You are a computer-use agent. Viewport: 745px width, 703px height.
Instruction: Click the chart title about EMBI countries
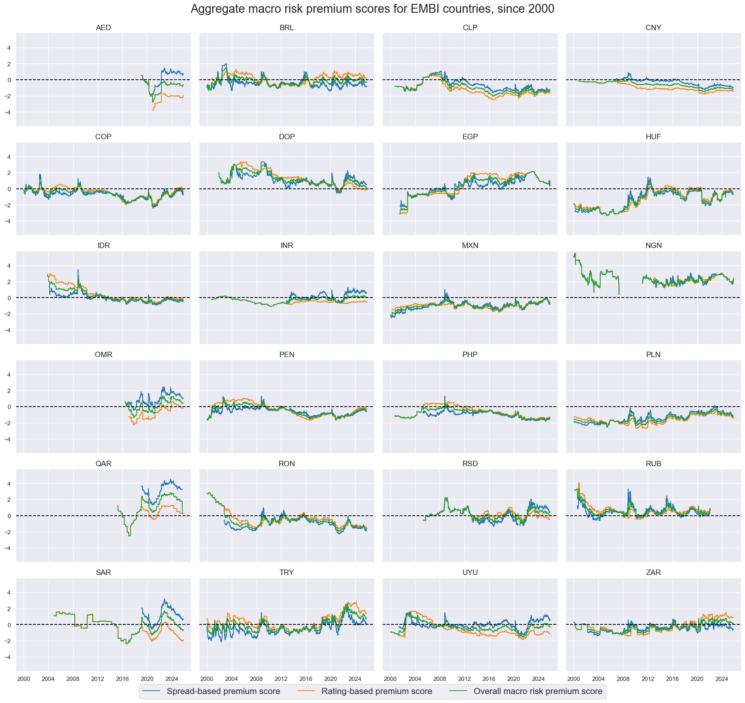(372, 9)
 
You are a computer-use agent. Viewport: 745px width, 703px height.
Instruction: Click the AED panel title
(103, 28)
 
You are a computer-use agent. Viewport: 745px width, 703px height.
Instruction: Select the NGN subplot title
(653, 246)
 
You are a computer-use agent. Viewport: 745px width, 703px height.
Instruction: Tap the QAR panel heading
(103, 464)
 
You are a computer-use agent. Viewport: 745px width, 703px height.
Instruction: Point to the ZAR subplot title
(653, 572)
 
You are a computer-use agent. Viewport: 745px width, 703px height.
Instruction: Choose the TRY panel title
(286, 572)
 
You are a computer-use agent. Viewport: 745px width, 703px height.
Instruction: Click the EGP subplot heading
(470, 137)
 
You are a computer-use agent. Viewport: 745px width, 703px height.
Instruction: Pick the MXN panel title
(470, 246)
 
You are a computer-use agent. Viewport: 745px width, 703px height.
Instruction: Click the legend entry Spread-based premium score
(223, 691)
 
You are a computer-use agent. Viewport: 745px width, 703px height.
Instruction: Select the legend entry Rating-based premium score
(377, 691)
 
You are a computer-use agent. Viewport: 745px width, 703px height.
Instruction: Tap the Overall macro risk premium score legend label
(538, 691)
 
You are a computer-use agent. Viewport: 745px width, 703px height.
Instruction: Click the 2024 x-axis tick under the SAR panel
(172, 679)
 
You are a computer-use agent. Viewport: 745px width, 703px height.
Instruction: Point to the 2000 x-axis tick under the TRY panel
(207, 679)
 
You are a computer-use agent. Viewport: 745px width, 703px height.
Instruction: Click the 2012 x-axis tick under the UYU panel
(464, 679)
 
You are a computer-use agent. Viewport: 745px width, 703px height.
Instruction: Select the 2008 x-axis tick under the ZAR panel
(623, 679)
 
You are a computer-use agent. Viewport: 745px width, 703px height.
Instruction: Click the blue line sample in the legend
(152, 691)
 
